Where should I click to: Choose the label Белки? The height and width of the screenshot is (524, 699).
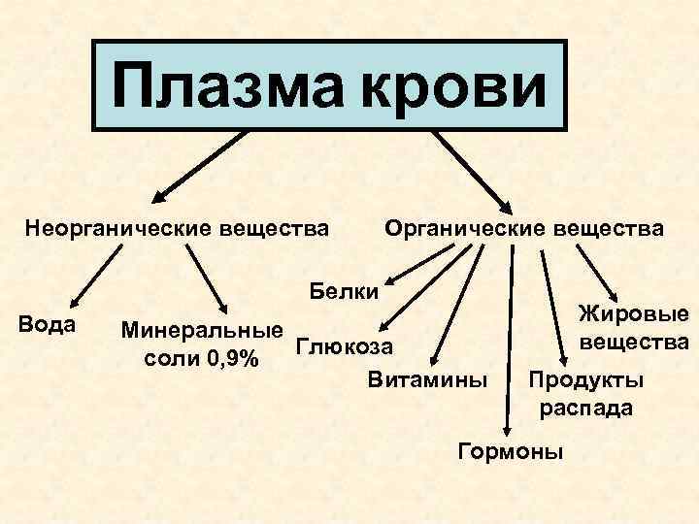(345, 289)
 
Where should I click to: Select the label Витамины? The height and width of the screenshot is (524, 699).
(428, 377)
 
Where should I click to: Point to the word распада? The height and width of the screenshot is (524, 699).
(586, 408)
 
